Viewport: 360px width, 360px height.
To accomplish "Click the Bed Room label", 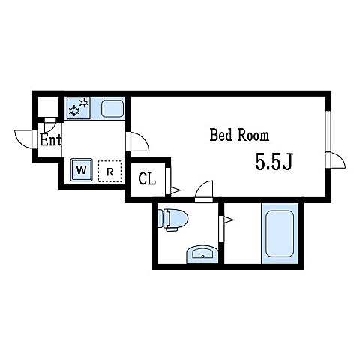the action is (x=239, y=135).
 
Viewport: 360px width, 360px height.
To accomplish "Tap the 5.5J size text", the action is (x=274, y=161).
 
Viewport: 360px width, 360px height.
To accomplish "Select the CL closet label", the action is (x=147, y=178).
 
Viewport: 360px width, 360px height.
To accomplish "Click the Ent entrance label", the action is (x=50, y=140).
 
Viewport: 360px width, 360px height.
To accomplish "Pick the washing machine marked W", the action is (x=82, y=170).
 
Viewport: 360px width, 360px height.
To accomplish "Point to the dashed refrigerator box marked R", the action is (x=109, y=171).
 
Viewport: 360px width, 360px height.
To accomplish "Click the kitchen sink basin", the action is (x=112, y=109).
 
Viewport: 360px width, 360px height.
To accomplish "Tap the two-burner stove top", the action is (x=78, y=108).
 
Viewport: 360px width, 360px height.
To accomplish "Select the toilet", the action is (x=172, y=219).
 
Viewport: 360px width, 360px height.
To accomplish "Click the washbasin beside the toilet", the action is (x=202, y=253).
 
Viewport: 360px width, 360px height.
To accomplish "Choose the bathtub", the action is (x=280, y=234).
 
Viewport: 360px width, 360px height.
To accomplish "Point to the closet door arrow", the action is (x=175, y=190).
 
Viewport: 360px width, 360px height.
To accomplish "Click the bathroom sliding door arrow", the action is (x=229, y=220).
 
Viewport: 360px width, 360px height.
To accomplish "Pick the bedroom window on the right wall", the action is (x=328, y=131).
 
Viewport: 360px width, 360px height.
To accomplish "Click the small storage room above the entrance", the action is (x=48, y=107).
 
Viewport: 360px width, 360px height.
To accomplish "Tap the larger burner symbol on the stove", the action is (x=74, y=111).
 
